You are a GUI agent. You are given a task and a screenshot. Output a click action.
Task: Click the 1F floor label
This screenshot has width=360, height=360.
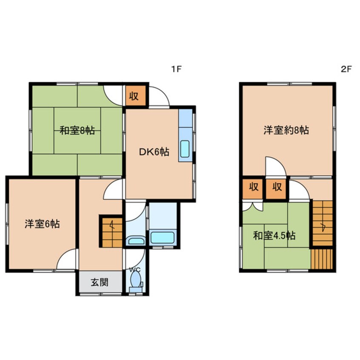(176, 69)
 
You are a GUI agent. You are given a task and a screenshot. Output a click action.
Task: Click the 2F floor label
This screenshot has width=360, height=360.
(346, 69)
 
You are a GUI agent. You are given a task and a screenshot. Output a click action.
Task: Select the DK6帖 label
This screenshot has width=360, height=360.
(154, 152)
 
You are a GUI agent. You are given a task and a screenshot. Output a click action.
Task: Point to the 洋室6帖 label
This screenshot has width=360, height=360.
(42, 224)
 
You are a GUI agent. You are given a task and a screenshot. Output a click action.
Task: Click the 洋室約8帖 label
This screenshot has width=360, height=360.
(286, 130)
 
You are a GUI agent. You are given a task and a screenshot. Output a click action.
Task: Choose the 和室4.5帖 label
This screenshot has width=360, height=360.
(274, 236)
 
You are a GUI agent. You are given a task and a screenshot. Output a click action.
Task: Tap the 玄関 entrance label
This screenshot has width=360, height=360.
(100, 282)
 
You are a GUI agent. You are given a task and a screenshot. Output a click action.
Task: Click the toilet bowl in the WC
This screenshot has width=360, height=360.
(135, 280)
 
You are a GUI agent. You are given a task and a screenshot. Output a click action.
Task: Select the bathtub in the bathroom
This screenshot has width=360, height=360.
(162, 237)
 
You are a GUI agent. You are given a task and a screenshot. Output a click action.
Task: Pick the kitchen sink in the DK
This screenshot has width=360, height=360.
(185, 149)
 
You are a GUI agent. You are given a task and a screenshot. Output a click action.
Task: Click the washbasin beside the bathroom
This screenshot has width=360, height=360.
(136, 240)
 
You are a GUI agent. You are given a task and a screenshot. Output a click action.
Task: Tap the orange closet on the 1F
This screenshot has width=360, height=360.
(136, 96)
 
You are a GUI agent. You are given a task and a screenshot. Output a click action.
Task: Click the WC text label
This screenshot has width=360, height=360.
(135, 270)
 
